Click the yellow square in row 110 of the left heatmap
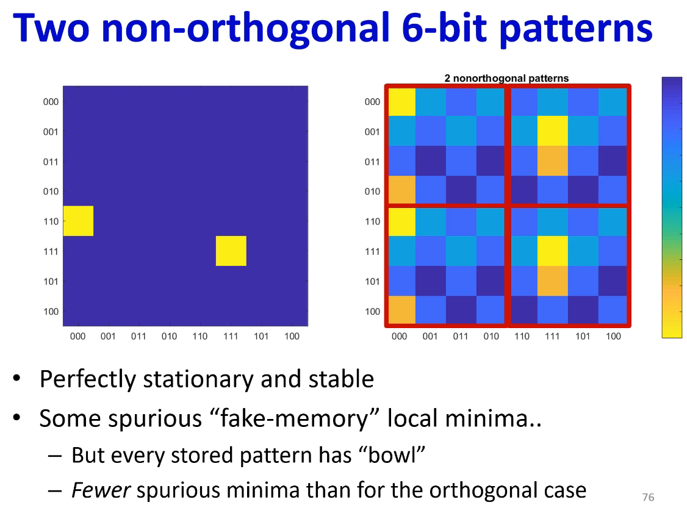pyautogui.click(x=79, y=221)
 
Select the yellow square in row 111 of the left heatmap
pyautogui.click(x=231, y=251)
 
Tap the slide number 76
pyautogui.click(x=648, y=497)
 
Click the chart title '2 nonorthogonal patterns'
pyautogui.click(x=506, y=79)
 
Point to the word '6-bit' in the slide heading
pyautogui.click(x=444, y=27)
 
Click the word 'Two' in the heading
pyautogui.click(x=51, y=27)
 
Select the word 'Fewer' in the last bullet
pyautogui.click(x=101, y=490)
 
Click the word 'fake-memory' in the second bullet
pyautogui.click(x=293, y=418)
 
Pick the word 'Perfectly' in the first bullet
pyautogui.click(x=88, y=379)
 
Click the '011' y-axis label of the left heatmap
pyautogui.click(x=51, y=162)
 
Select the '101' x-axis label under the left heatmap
pyautogui.click(x=261, y=337)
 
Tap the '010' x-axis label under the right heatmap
pyautogui.click(x=491, y=337)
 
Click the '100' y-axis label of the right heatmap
pyautogui.click(x=372, y=312)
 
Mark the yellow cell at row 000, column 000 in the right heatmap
pyautogui.click(x=402, y=102)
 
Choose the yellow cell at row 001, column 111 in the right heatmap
pyautogui.click(x=553, y=131)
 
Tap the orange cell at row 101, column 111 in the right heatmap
pyautogui.click(x=553, y=281)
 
